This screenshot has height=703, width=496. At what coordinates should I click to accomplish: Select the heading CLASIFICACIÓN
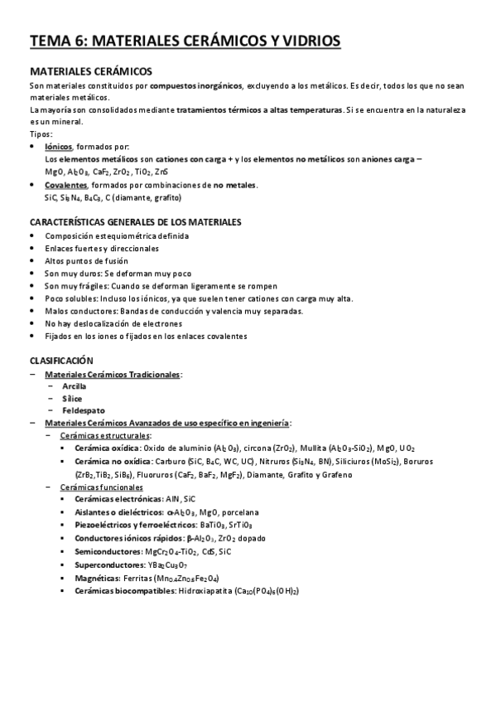61,361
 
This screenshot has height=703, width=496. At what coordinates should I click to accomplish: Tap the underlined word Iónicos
58,145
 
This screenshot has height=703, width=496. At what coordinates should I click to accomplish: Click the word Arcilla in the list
74,385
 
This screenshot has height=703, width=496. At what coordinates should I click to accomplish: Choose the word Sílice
72,398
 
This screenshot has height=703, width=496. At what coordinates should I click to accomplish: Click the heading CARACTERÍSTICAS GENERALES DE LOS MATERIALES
135,222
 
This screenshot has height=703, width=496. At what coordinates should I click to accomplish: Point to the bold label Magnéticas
97,578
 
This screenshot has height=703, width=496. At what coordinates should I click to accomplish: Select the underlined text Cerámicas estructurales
105,435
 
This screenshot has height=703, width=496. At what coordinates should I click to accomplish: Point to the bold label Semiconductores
108,551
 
